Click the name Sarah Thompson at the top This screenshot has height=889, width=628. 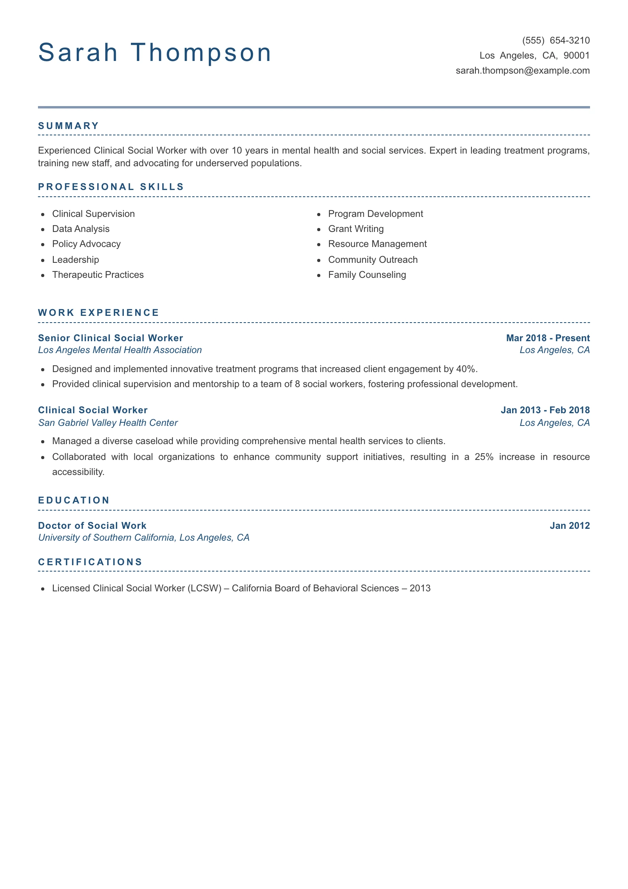pyautogui.click(x=155, y=53)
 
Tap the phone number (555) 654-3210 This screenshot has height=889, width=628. pyautogui.click(x=556, y=40)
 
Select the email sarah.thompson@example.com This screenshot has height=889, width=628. pyautogui.click(x=522, y=70)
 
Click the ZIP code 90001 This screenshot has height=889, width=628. pyautogui.click(x=576, y=55)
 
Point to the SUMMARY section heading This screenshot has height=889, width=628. pyautogui.click(x=68, y=126)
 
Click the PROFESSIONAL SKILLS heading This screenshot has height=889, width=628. pyautogui.click(x=111, y=187)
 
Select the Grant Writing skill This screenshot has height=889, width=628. pyautogui.click(x=356, y=229)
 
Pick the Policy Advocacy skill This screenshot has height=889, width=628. pyautogui.click(x=86, y=244)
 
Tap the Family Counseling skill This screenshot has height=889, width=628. pyautogui.click(x=367, y=275)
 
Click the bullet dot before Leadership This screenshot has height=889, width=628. pyautogui.click(x=43, y=260)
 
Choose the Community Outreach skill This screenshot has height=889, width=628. pyautogui.click(x=373, y=260)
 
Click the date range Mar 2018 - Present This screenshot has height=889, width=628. pyautogui.click(x=548, y=338)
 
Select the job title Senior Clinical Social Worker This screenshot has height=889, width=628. pyautogui.click(x=110, y=338)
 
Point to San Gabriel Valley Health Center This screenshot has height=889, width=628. pyautogui.click(x=108, y=423)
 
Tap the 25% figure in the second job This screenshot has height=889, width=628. pyautogui.click(x=484, y=457)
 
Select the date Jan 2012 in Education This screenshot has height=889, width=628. pyautogui.click(x=569, y=526)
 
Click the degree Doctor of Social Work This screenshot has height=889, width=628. pyautogui.click(x=92, y=526)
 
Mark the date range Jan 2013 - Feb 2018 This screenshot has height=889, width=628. pyautogui.click(x=545, y=410)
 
